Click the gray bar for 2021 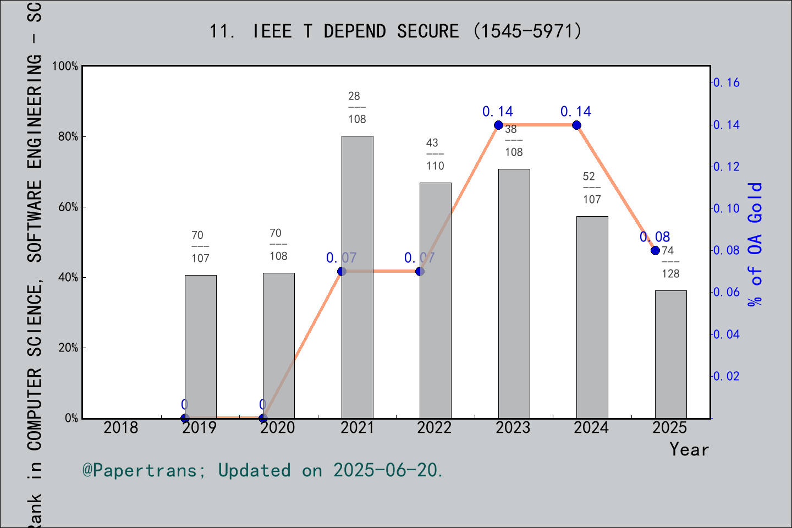tap(357, 277)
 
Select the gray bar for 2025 tap(670, 354)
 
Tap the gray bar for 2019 tap(200, 346)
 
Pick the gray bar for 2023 tap(514, 294)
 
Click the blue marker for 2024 tap(576, 125)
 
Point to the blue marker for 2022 tap(420, 271)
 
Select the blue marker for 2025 tap(655, 250)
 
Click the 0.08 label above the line tap(654, 237)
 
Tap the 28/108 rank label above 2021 tap(357, 108)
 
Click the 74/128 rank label tap(670, 262)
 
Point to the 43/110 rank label tap(435, 155)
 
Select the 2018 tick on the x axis tap(121, 427)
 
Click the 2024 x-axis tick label tap(591, 427)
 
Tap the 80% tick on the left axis tap(68, 136)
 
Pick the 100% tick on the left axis tap(65, 66)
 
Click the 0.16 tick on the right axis tap(727, 82)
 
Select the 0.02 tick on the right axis tap(727, 376)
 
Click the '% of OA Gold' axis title tap(755, 244)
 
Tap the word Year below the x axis tap(689, 449)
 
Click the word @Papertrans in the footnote tap(140, 470)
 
